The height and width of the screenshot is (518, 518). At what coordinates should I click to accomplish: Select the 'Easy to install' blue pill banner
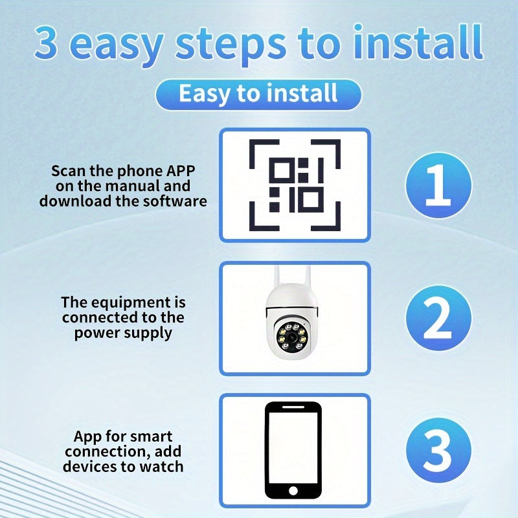tap(258, 94)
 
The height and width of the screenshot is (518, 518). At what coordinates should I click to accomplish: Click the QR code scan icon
tap(295, 185)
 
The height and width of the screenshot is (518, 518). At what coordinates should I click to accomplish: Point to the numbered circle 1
tap(439, 185)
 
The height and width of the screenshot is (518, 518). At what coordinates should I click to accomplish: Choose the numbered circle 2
tap(439, 318)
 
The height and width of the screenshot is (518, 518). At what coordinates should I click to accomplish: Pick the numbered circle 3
tap(439, 450)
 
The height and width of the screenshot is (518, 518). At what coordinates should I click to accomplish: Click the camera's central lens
tap(292, 337)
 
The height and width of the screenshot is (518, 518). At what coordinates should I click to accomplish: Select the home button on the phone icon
tap(293, 491)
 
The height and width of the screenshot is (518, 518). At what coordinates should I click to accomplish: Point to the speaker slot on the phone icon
tap(293, 407)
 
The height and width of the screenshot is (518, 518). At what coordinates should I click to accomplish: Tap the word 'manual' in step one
tap(133, 186)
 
